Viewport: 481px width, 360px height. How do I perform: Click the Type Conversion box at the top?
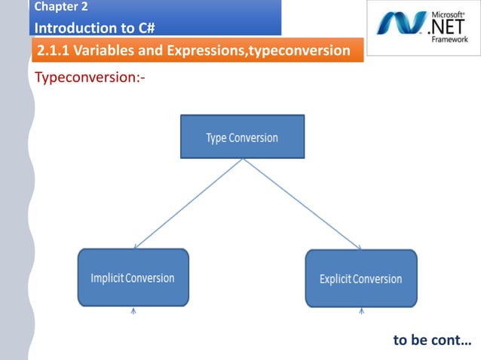click(242, 137)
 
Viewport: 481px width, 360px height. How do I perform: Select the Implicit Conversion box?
click(133, 278)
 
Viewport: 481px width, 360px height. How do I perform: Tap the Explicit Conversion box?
click(360, 279)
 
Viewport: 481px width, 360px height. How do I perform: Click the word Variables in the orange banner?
click(113, 51)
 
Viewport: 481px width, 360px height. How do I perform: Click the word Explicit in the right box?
click(336, 279)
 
